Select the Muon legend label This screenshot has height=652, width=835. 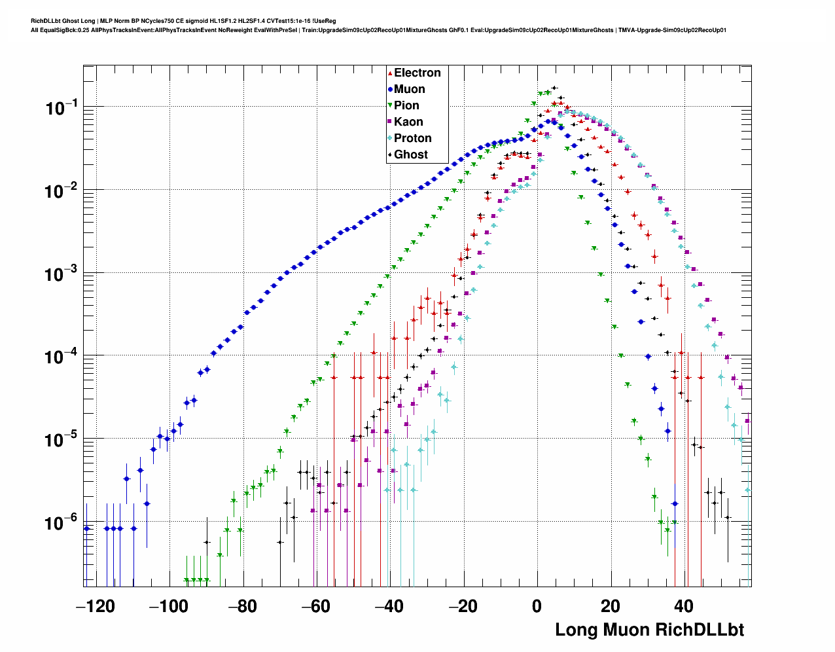pos(409,89)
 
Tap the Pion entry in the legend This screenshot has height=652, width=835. pos(406,105)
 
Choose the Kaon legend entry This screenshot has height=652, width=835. pos(408,122)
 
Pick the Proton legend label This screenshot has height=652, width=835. pos(412,138)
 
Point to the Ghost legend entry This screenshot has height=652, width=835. pos(410,154)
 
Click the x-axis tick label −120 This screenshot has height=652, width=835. pos(95,606)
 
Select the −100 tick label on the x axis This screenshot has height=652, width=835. pos(169,606)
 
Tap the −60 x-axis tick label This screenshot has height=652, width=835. pos(316,606)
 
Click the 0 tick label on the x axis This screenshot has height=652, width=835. pos(537,606)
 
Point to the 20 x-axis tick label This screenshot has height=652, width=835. pos(611,606)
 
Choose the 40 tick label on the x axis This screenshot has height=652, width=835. pos(684,606)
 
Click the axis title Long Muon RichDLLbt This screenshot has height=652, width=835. pos(649,630)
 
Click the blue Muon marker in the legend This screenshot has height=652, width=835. pos(390,89)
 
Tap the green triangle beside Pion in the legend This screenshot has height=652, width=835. pos(390,105)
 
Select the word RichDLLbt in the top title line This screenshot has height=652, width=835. pos(45,21)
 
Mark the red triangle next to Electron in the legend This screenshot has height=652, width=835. pos(390,73)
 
